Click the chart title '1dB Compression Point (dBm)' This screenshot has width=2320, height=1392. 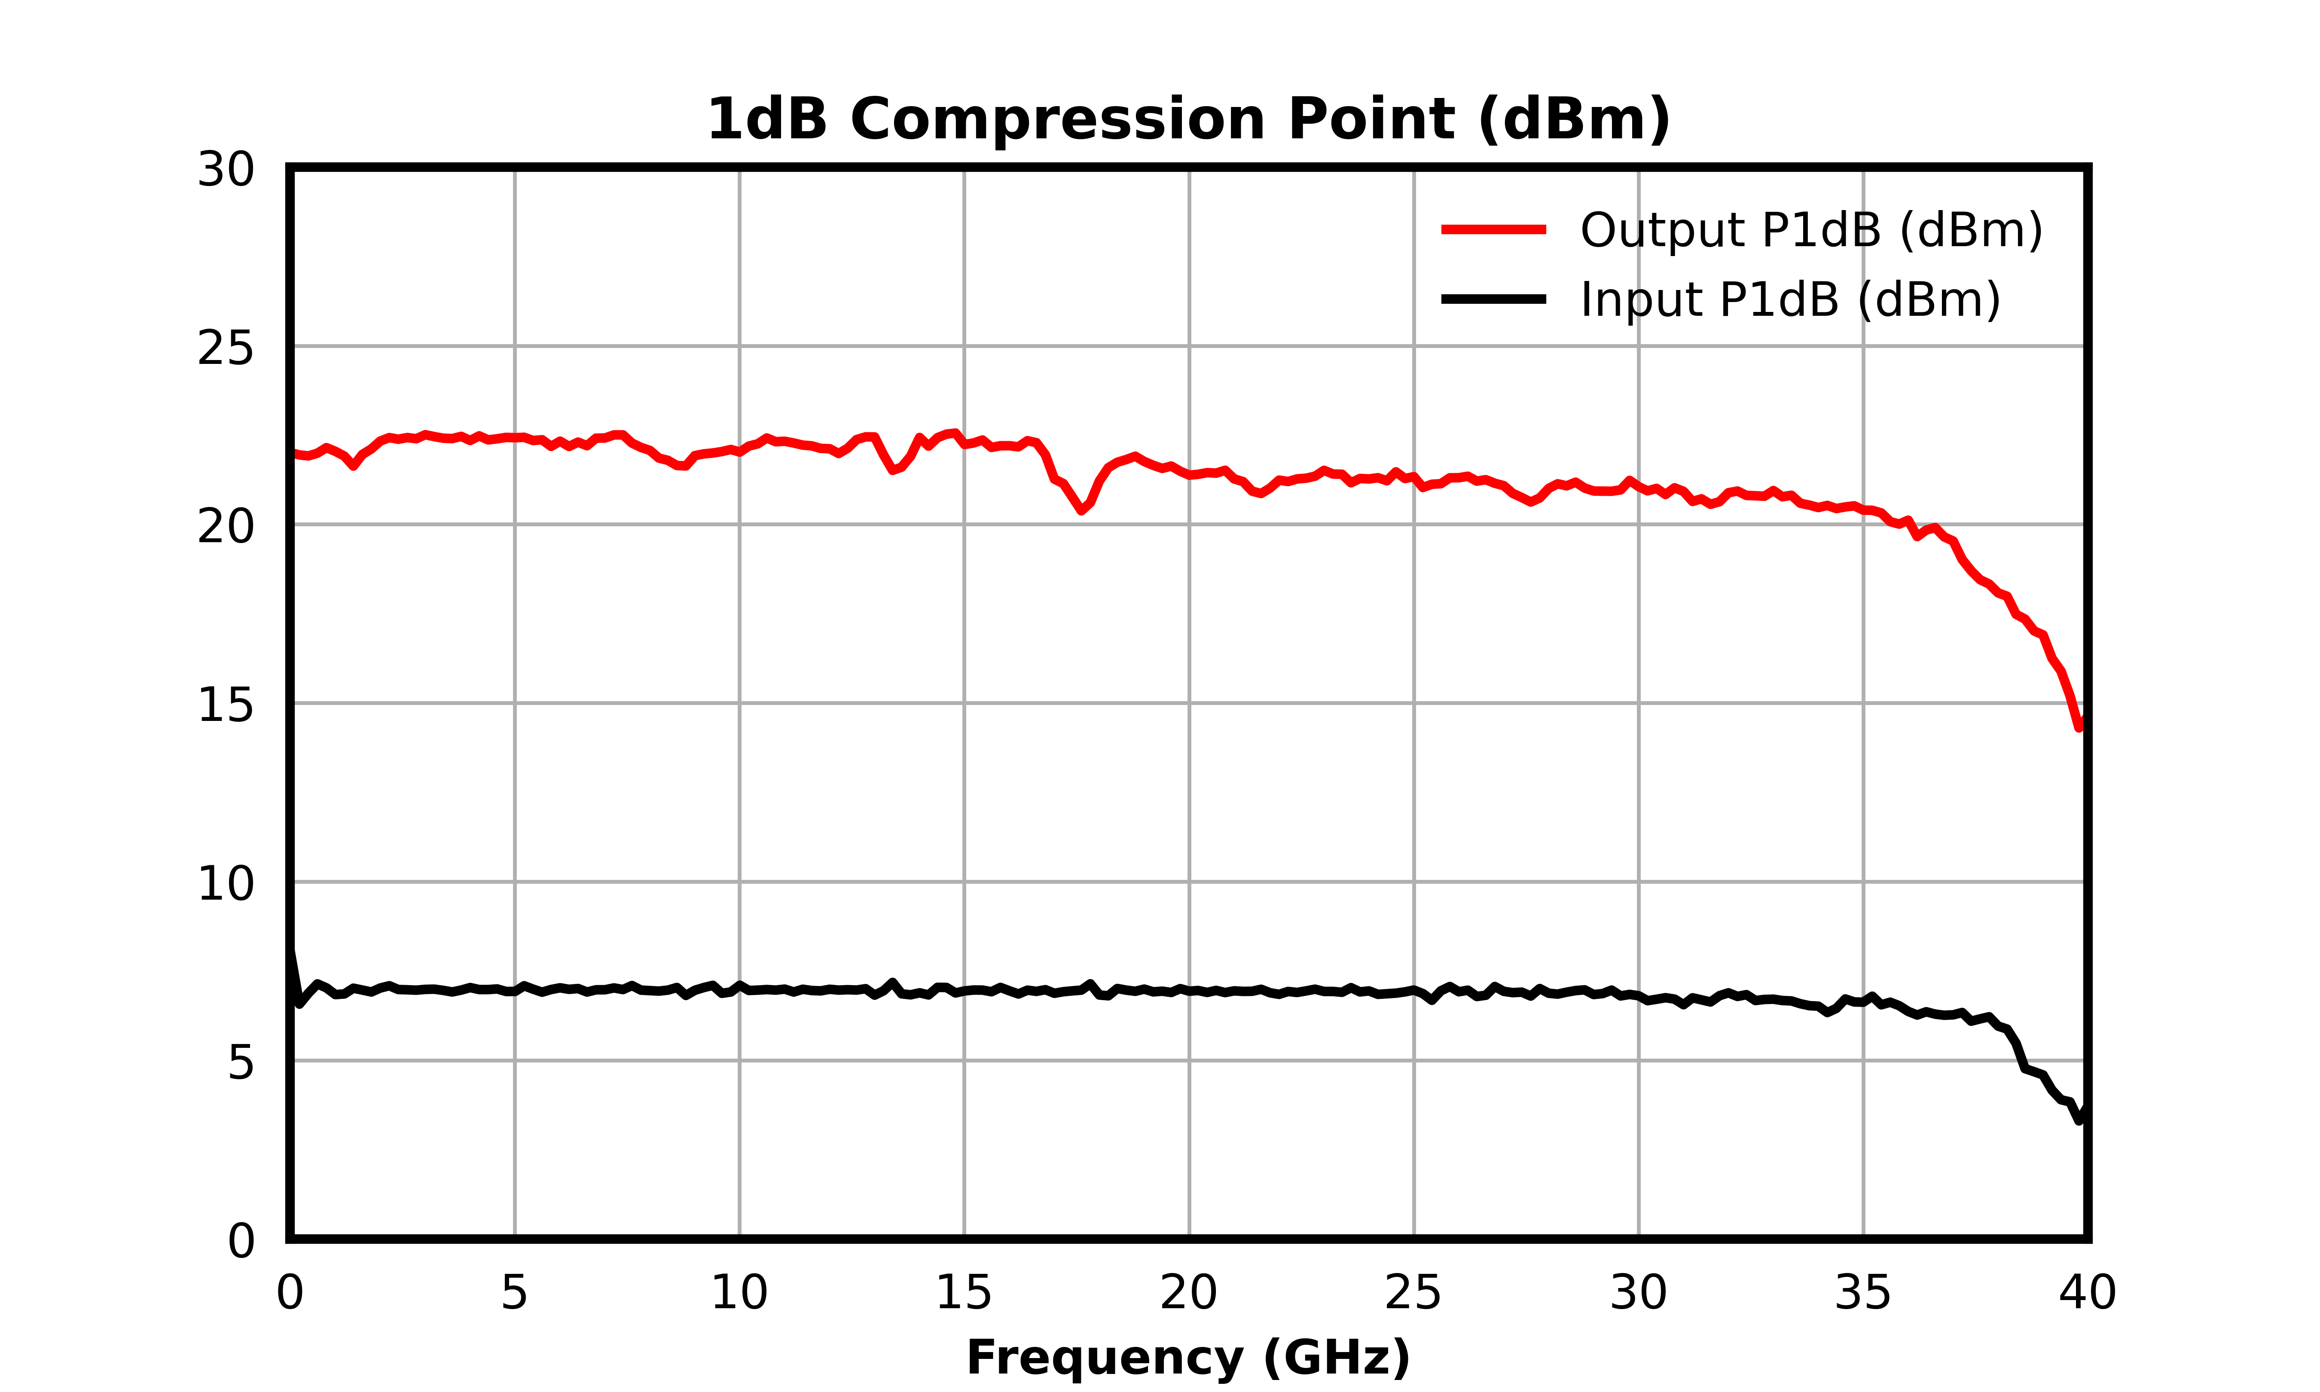tap(1188, 120)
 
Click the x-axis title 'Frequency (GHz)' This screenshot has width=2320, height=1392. tap(1188, 1358)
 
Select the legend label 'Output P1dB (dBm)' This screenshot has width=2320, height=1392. tap(1811, 231)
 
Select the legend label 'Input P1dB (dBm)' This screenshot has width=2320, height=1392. tap(1790, 300)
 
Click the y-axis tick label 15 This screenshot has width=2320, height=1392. tap(225, 705)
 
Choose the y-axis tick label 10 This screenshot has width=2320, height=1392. tap(225, 884)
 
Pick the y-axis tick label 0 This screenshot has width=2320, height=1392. tap(241, 1241)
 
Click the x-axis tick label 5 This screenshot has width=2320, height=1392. tap(514, 1294)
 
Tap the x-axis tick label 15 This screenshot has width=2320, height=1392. tap(964, 1294)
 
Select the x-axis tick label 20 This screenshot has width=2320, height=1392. tap(1188, 1294)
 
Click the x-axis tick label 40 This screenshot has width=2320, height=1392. tap(2088, 1294)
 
